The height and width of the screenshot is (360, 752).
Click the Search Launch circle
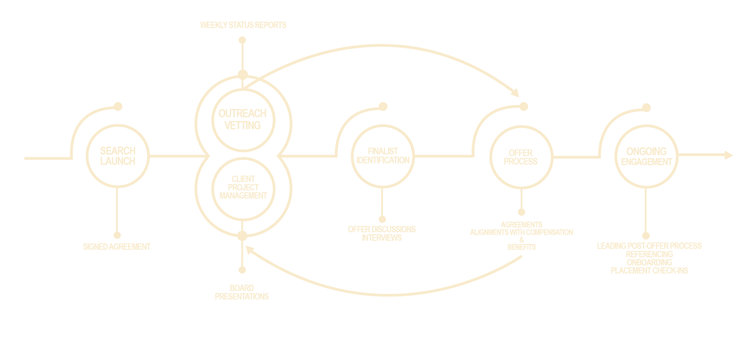pos(117,156)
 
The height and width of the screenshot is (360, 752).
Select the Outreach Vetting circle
pos(243,120)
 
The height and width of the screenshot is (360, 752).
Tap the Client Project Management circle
pos(243,187)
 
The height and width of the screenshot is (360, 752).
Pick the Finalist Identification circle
pos(383,156)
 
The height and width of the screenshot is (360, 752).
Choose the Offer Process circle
pos(521,157)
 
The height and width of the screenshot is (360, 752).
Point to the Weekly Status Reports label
pos(243,25)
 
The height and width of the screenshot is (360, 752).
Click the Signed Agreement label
pos(117,247)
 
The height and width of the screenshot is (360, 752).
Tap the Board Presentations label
pos(242,292)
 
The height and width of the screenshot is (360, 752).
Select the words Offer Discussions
pos(382,229)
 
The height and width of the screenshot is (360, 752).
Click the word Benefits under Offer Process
pos(522,247)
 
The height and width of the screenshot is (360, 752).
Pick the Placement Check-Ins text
pos(649,271)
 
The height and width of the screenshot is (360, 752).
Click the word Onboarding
pos(649,262)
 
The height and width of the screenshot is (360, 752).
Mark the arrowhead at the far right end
pos(729,155)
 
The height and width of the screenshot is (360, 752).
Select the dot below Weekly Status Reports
pos(242,40)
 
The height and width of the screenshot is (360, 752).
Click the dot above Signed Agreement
pos(117,235)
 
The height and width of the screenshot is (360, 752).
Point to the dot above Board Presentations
pos(242,270)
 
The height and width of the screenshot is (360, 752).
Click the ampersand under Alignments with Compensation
pos(522,240)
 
